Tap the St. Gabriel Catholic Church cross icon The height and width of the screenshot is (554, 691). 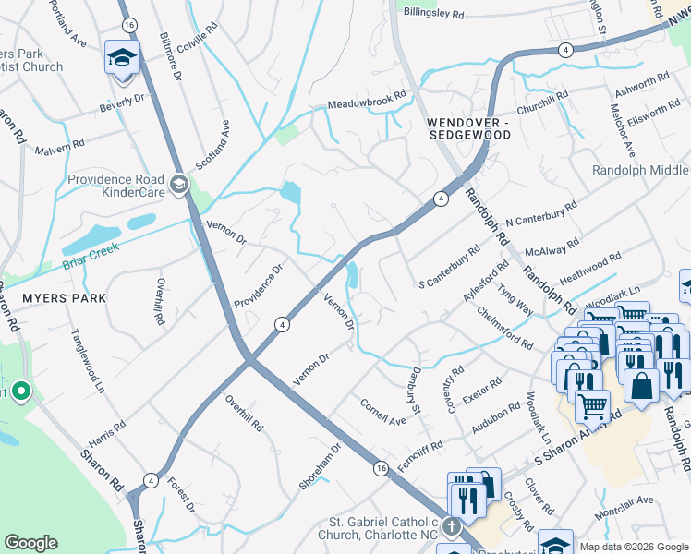(x=451, y=527)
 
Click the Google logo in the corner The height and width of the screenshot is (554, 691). (x=30, y=543)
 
